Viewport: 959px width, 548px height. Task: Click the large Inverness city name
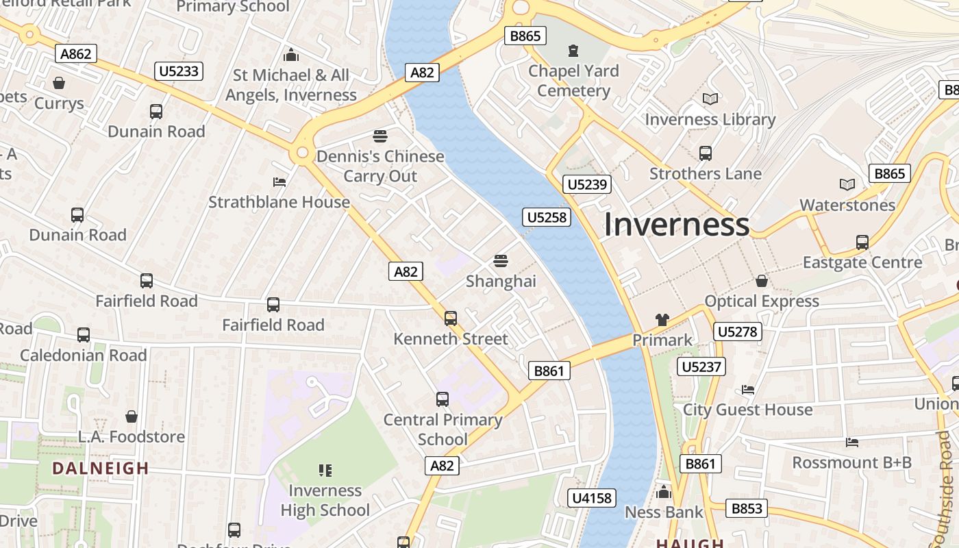676,225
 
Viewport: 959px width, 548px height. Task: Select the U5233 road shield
179,71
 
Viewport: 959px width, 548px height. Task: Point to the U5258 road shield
547,217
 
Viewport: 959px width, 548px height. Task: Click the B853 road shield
747,508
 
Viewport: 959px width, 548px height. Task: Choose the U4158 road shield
592,498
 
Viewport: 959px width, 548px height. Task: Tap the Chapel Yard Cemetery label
573,81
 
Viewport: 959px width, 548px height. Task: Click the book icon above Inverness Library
710,99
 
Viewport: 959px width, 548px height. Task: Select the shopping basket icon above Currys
59,84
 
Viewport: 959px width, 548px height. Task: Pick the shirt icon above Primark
662,319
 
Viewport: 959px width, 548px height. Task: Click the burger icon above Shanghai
501,261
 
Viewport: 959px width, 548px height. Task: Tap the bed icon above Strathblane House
279,182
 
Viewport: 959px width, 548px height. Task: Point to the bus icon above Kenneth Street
451,319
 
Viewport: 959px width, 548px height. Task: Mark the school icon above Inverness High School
325,470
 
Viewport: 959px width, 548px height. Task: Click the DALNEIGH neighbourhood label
101,469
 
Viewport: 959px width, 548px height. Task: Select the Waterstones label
847,205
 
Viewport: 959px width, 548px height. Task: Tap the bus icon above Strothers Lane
706,153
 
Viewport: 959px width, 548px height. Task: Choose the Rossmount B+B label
851,462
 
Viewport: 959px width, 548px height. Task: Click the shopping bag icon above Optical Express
762,282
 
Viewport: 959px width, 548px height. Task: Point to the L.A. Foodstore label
132,436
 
